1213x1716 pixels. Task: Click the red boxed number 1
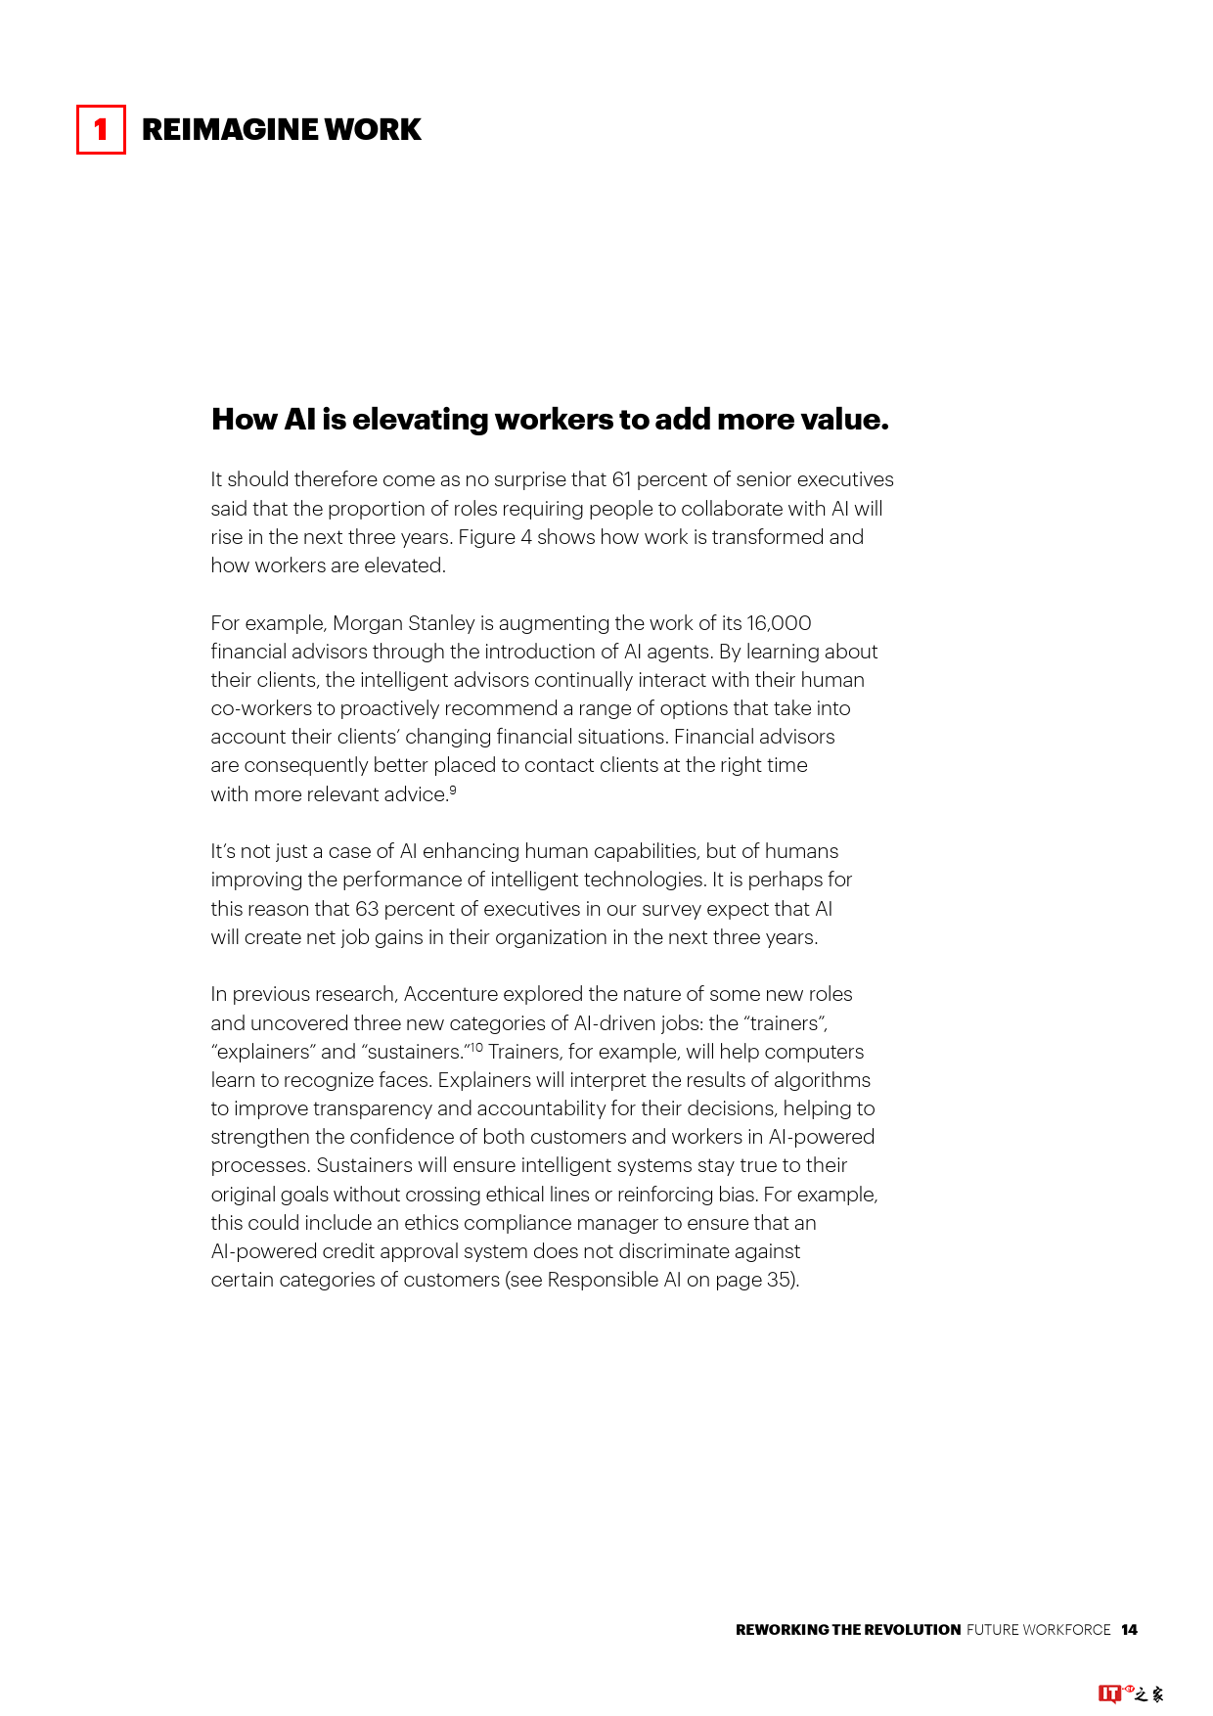[x=101, y=130]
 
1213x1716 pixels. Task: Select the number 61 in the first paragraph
[x=622, y=479]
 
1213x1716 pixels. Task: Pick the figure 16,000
[x=779, y=623]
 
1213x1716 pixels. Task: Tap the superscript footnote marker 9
[x=453, y=790]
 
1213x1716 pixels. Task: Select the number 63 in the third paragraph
[x=367, y=909]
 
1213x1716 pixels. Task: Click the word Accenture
[x=451, y=994]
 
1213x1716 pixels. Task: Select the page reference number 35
[x=780, y=1280]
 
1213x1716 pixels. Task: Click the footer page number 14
[x=1129, y=1630]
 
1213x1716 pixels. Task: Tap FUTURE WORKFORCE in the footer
[x=1038, y=1630]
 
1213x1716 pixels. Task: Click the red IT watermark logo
[x=1109, y=1693]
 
